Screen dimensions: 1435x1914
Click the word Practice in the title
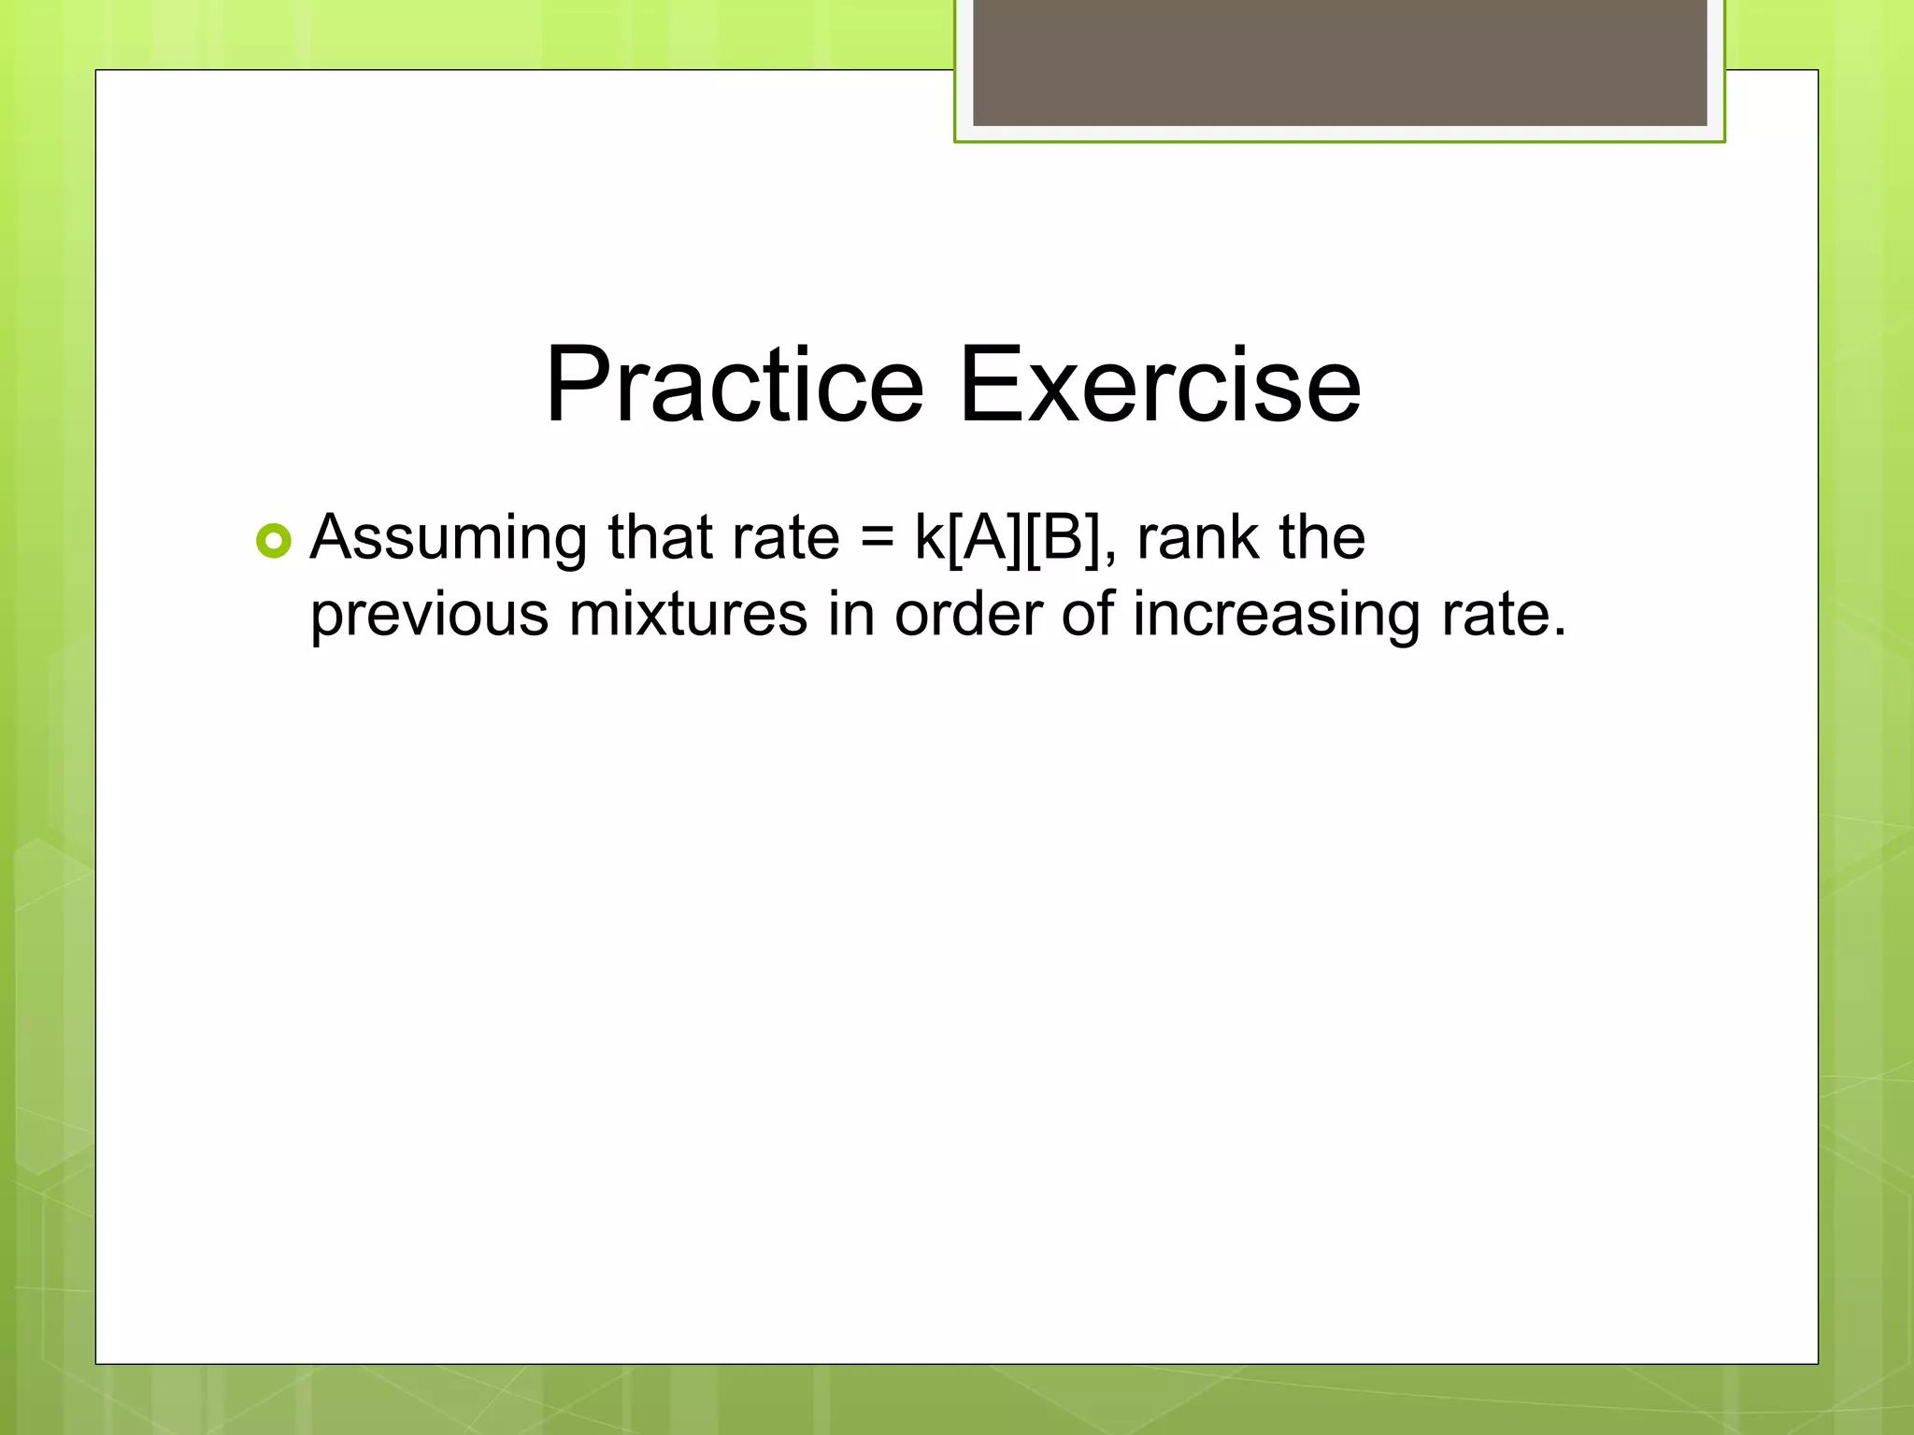pos(734,385)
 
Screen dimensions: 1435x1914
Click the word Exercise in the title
pos(1160,385)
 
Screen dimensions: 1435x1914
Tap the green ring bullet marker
pos(274,541)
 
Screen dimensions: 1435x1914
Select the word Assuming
pos(449,539)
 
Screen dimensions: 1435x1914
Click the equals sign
pos(877,539)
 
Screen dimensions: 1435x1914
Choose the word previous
pos(429,616)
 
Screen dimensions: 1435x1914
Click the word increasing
pos(1277,616)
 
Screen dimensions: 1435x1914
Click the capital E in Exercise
pos(993,385)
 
